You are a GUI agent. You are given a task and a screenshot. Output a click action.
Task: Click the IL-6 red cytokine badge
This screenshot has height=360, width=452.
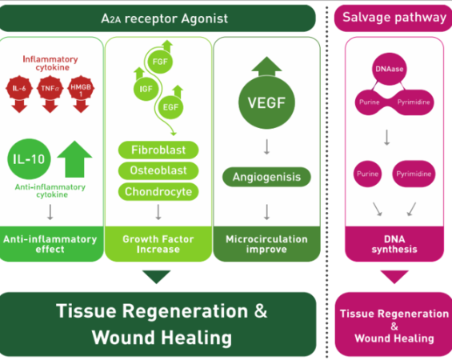click(19, 88)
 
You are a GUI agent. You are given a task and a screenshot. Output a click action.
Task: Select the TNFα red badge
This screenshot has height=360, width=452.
click(50, 88)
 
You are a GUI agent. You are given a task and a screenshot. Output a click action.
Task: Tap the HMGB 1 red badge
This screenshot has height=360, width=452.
click(81, 88)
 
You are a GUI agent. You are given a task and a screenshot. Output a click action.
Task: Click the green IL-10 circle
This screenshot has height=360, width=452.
click(29, 159)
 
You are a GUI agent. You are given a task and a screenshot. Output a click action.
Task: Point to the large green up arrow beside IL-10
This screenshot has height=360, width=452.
click(74, 159)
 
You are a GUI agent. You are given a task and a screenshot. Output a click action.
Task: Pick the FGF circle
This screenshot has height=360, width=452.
click(160, 62)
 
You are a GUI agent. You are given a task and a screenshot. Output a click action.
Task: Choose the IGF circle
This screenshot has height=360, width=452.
click(146, 89)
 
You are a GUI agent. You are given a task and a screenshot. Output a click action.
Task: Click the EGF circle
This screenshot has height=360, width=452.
click(170, 107)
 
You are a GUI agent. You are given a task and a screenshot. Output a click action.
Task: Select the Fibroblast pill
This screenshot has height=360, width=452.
click(158, 150)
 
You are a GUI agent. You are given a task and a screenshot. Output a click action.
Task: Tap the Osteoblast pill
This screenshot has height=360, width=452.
click(158, 170)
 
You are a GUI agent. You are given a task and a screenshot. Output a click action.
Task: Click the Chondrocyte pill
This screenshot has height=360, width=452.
click(158, 192)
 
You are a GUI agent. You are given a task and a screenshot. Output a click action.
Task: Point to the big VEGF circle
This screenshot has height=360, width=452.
click(266, 102)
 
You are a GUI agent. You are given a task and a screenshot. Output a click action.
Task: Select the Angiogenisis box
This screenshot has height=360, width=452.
click(266, 177)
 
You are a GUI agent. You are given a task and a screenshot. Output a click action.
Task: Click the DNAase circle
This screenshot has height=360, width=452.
click(389, 69)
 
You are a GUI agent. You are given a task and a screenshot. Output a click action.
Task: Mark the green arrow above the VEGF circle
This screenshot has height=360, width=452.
click(266, 66)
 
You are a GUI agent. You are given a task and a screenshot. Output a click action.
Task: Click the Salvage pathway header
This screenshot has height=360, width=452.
click(393, 18)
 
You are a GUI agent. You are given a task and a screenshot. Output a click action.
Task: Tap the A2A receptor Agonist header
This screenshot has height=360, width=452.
click(158, 18)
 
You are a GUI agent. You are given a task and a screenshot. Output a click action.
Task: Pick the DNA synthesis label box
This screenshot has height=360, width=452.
click(394, 244)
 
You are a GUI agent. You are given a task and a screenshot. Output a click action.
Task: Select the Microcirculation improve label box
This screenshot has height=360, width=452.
click(266, 244)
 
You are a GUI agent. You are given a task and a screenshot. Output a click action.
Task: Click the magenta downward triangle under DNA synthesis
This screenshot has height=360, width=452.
click(394, 277)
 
